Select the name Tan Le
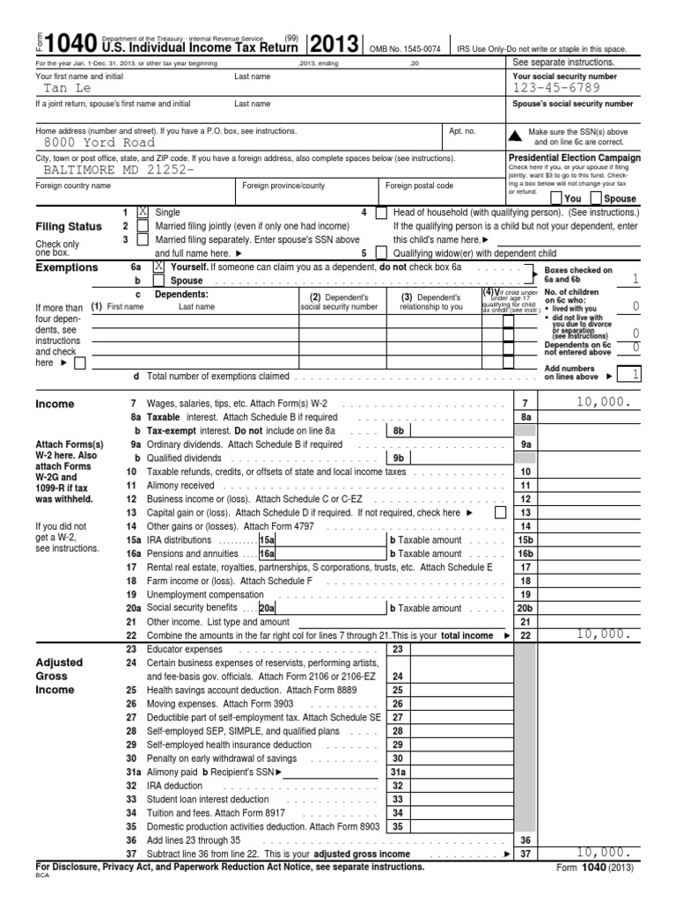[68, 88]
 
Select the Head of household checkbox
[381, 213]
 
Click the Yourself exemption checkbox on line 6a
[159, 265]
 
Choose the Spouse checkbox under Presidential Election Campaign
[596, 199]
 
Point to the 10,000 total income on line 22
[599, 634]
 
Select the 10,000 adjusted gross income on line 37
[599, 853]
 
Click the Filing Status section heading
[69, 227]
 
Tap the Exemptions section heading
[67, 267]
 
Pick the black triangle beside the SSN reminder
[516, 135]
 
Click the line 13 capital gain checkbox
[500, 512]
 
